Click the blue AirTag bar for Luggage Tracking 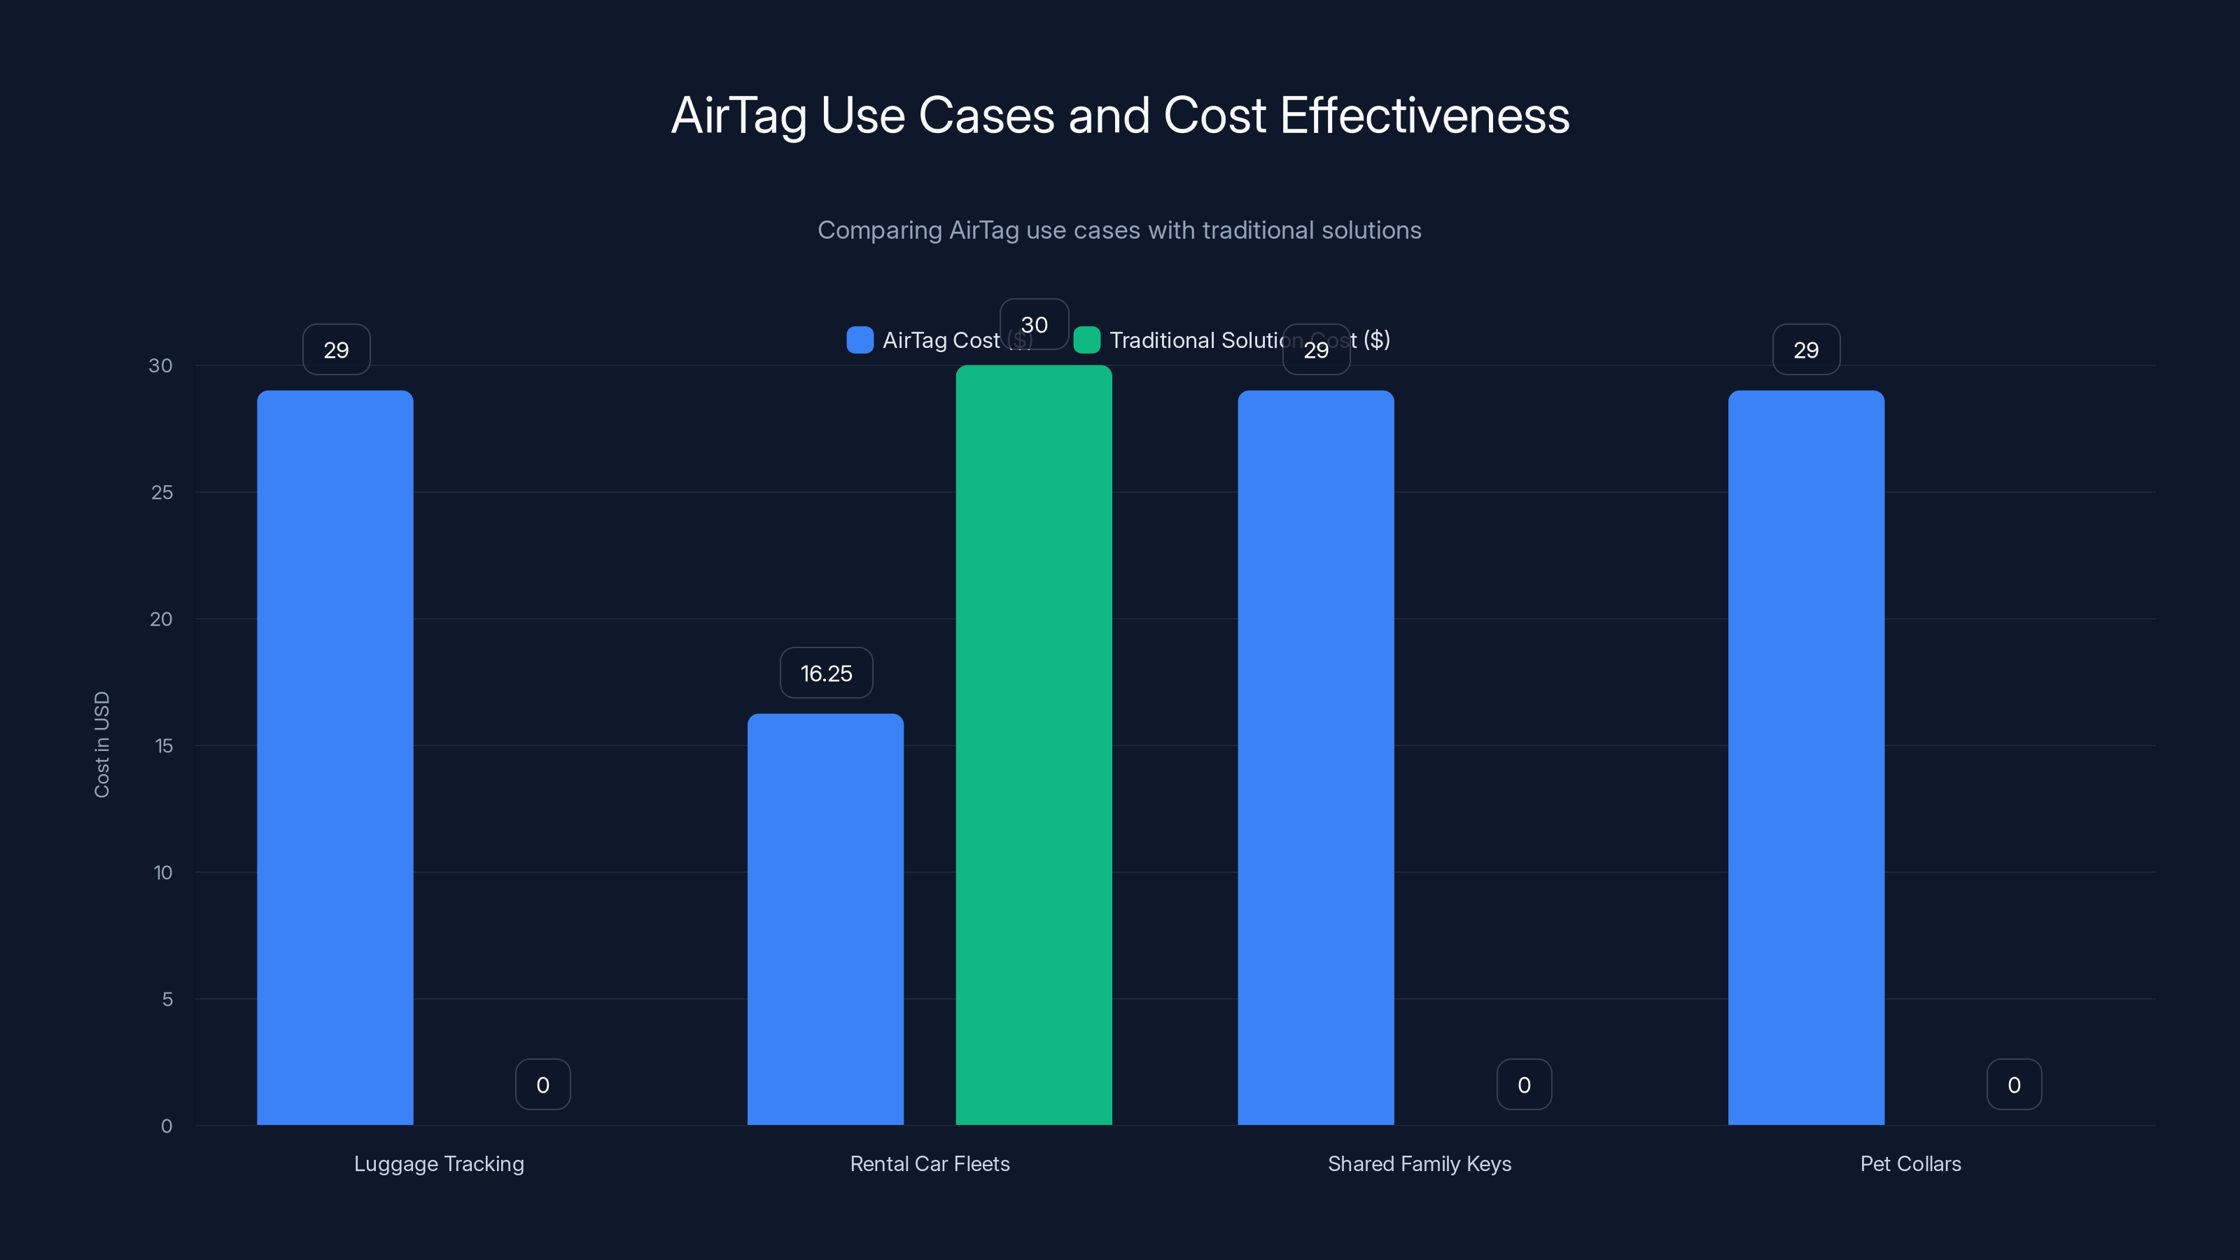pos(335,757)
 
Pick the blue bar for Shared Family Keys pos(1316,757)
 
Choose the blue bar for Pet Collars pos(1806,757)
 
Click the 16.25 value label pos(826,673)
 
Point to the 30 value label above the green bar pos(1034,324)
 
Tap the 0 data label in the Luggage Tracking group pos(542,1084)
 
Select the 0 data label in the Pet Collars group pos(2014,1084)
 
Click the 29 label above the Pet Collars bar pos(1806,349)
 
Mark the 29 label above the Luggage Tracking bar pos(337,349)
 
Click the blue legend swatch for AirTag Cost pos(859,340)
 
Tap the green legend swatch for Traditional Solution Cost pos(1087,340)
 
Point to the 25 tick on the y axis pos(162,492)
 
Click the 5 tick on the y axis pos(167,999)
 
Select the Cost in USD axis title pos(101,744)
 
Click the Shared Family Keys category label pos(1419,1163)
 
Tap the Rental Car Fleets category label pos(930,1163)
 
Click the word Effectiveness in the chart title pos(1424,115)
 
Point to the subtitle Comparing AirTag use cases pos(1119,230)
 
